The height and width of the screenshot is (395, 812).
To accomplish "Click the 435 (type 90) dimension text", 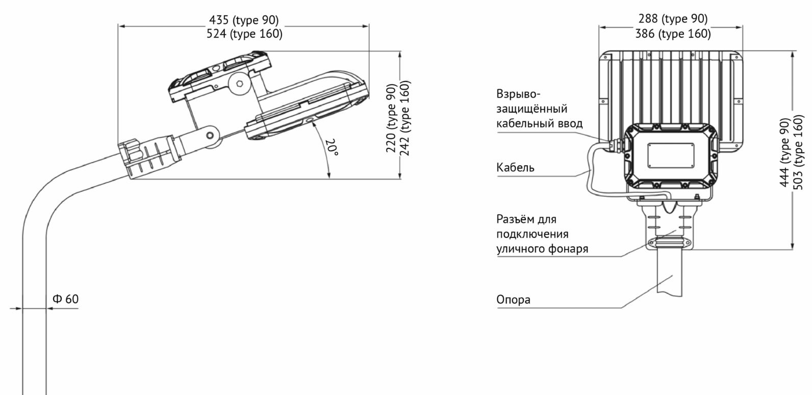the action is pos(244,20).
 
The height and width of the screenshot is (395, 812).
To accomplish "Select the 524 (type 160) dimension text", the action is pos(244,34).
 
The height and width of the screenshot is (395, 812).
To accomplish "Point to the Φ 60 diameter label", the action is pos(66,299).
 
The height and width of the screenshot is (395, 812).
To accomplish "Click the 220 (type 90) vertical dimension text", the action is pos(391,118).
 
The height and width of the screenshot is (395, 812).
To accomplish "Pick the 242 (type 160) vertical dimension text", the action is pos(405,118).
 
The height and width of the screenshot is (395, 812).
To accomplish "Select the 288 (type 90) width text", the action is pos(673,19).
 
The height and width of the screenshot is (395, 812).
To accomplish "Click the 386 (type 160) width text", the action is pos(673,34).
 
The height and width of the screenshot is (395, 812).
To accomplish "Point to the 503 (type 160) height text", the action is pos(798,152).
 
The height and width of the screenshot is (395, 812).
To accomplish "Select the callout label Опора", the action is pos(513,300).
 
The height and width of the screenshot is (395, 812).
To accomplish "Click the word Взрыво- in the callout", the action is pos(518,94).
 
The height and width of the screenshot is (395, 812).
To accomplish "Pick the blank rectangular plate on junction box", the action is pos(671,155).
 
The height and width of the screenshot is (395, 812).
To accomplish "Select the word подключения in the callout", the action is pos(532,234).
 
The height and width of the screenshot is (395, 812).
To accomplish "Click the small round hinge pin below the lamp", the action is pos(210,136).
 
